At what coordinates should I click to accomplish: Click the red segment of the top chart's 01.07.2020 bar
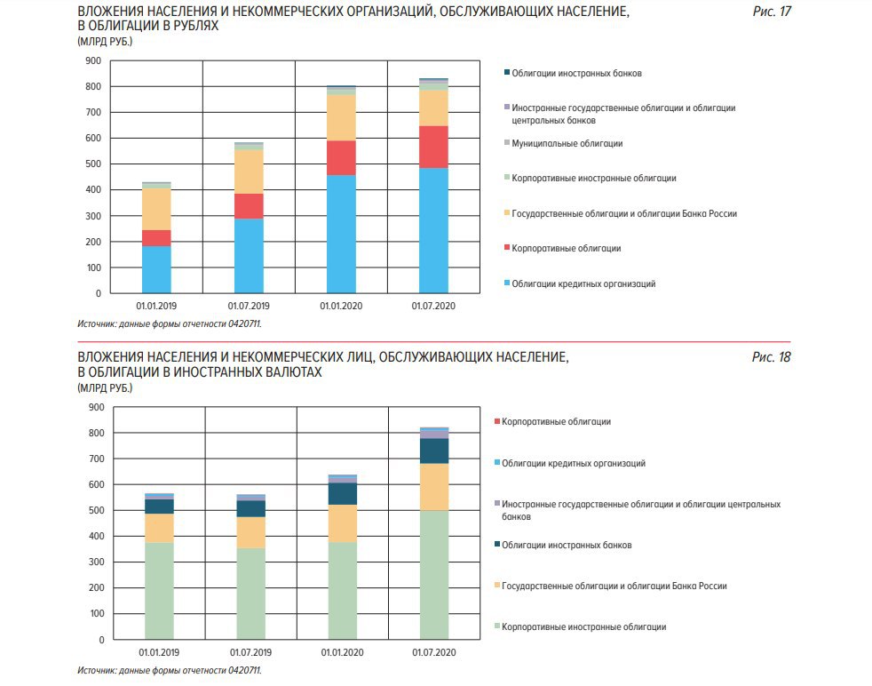(x=433, y=147)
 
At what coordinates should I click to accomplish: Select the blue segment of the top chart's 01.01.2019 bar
(x=156, y=269)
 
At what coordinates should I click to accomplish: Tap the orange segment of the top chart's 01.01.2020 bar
(x=342, y=117)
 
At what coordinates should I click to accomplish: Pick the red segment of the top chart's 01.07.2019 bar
(x=249, y=206)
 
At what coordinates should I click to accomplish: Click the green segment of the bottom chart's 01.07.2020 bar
(x=434, y=575)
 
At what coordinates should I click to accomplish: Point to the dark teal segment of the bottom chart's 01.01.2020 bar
(x=343, y=493)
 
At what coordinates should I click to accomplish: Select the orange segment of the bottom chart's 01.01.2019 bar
(x=159, y=528)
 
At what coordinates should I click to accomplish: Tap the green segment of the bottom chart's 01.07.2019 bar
(x=250, y=594)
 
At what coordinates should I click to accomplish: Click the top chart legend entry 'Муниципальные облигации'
(x=563, y=144)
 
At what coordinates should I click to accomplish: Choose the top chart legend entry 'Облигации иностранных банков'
(x=573, y=74)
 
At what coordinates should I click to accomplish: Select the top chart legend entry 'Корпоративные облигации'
(x=562, y=248)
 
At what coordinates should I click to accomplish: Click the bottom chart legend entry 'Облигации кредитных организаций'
(x=570, y=463)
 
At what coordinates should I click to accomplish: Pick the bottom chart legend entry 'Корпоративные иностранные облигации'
(x=580, y=626)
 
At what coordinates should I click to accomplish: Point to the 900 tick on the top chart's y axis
(x=93, y=60)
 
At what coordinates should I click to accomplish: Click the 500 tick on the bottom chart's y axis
(x=96, y=510)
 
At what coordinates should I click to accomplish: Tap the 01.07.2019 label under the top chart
(x=249, y=306)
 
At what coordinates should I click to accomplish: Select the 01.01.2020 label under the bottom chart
(x=343, y=652)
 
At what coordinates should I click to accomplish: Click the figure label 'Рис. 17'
(x=772, y=12)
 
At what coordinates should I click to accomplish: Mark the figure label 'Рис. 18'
(x=772, y=357)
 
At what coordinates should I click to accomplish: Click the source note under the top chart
(x=170, y=323)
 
